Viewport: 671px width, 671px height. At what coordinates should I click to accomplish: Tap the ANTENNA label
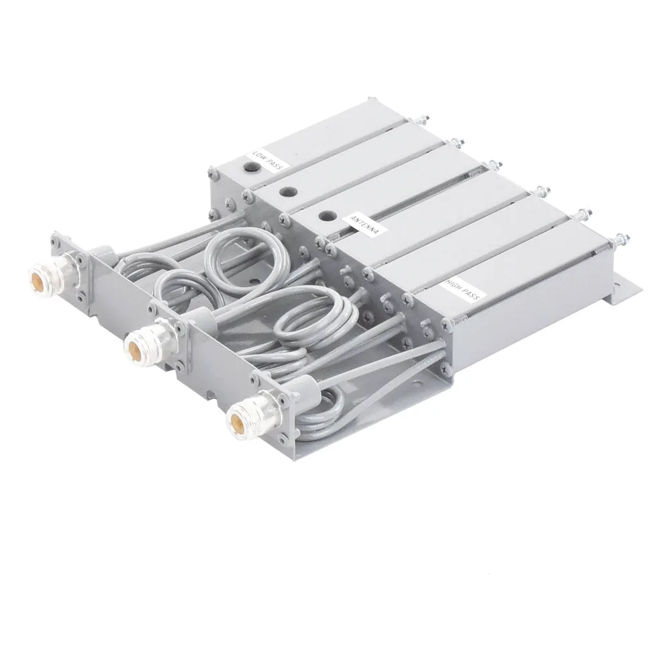pyautogui.click(x=364, y=224)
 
